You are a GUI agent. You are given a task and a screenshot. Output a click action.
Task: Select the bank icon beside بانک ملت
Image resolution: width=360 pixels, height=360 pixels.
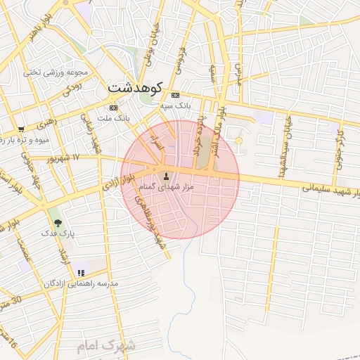(114, 108)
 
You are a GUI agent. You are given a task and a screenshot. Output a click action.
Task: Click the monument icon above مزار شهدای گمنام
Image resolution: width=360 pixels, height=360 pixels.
(166, 176)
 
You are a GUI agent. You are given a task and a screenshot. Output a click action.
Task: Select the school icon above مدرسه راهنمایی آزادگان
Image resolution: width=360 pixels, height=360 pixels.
(82, 272)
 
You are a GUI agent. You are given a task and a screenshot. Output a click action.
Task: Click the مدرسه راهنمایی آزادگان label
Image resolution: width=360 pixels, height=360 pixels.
(82, 283)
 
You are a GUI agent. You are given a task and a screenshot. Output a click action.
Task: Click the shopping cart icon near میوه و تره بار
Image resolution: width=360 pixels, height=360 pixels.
(22, 129)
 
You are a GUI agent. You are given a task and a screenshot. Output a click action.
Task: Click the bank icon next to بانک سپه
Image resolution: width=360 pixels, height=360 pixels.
(175, 95)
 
